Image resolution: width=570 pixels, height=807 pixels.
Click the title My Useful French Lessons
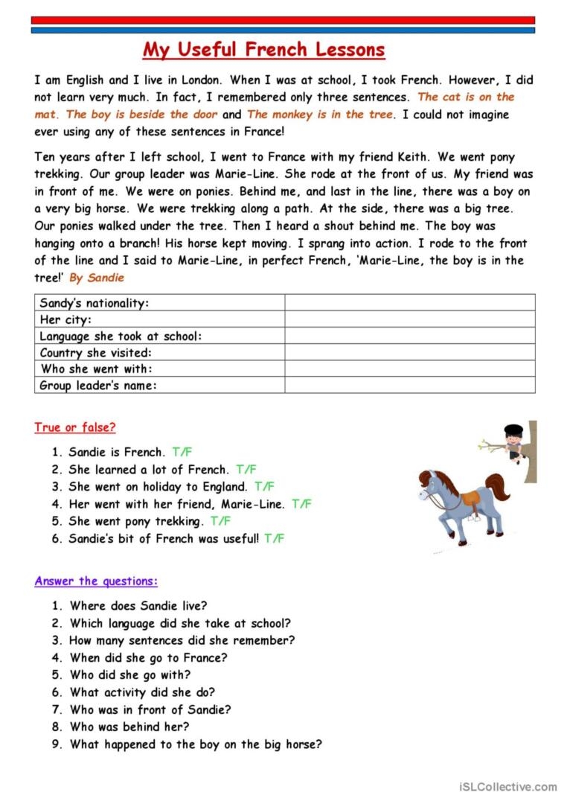click(264, 50)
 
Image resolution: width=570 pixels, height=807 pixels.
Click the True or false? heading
click(74, 427)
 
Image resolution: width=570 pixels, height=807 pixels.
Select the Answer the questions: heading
click(96, 581)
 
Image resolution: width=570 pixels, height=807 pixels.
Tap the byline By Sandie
click(97, 278)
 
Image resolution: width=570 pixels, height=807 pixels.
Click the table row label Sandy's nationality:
click(95, 303)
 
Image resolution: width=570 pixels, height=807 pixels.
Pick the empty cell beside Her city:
click(409, 319)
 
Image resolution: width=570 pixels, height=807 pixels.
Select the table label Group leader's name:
click(98, 385)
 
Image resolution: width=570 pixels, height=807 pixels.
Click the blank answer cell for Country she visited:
click(409, 352)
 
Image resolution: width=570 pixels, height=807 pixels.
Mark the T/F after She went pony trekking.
click(220, 521)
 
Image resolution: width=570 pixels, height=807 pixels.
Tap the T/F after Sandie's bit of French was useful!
click(274, 538)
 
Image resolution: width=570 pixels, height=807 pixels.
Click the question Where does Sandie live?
click(138, 606)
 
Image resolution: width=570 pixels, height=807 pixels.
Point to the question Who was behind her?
click(129, 727)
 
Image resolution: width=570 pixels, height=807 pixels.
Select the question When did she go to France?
click(149, 657)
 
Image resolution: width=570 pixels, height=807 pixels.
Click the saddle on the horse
click(470, 497)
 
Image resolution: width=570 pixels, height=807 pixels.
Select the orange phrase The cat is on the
click(466, 97)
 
